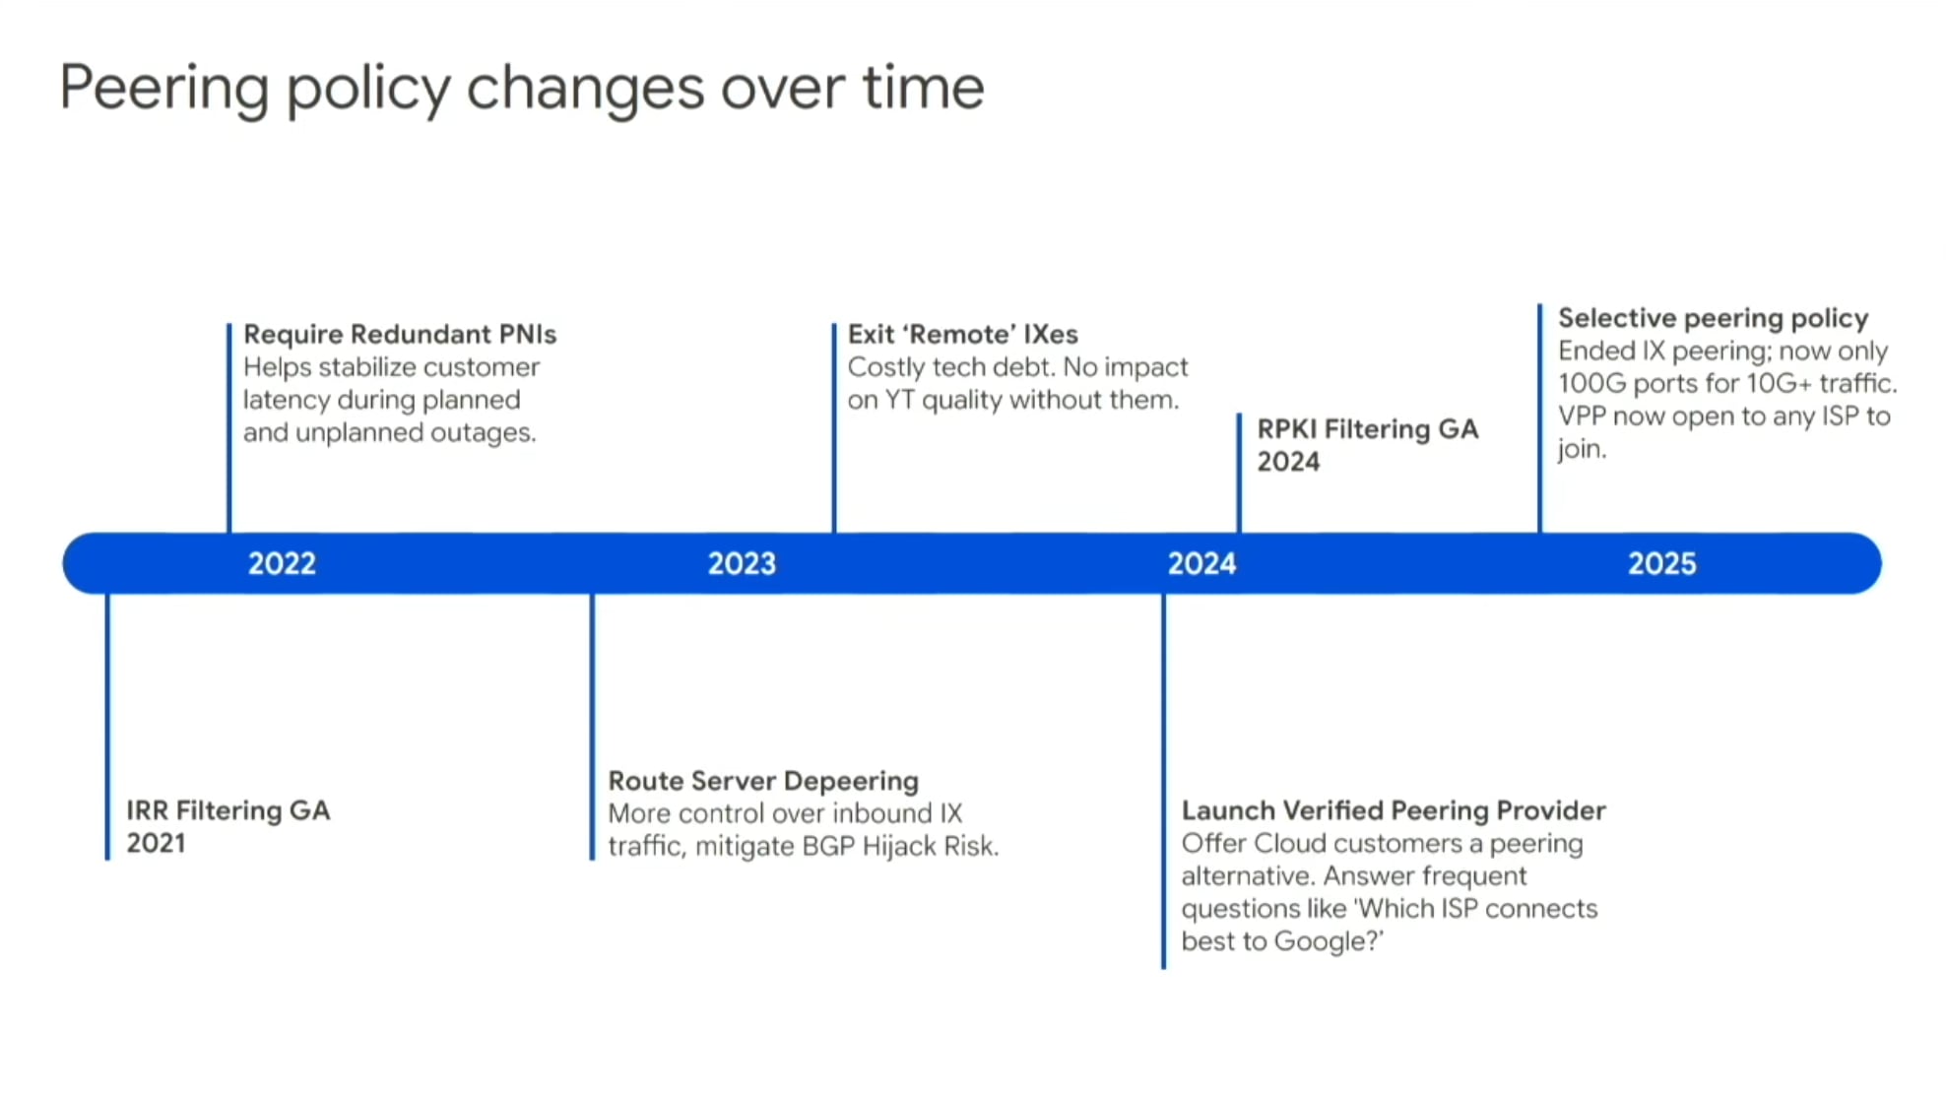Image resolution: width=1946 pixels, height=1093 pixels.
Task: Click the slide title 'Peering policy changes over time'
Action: [522, 89]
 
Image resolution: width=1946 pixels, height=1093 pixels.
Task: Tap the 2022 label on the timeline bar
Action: [282, 563]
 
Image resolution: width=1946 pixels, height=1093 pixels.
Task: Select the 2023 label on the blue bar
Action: [742, 563]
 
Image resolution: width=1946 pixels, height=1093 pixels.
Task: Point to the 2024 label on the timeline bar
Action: [1201, 563]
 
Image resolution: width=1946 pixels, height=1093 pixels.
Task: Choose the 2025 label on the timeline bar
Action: [1661, 563]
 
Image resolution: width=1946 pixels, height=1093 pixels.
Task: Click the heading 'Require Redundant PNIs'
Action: [400, 335]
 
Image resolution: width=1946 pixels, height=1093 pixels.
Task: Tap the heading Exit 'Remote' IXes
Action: [962, 335]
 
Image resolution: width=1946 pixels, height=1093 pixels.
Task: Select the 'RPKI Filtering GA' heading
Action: [1368, 429]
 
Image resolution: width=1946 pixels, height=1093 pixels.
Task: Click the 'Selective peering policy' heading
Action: [1713, 319]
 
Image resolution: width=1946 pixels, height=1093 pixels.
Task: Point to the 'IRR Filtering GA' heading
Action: [228, 810]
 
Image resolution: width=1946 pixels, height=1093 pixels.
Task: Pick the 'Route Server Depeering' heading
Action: [763, 781]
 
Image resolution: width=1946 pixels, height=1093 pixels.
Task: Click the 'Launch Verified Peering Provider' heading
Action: [1394, 810]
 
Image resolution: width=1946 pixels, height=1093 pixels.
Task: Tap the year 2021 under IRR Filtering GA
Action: [156, 844]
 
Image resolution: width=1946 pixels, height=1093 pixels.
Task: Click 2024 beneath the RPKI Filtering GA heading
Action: [1288, 462]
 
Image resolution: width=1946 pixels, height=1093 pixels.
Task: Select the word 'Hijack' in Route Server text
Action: [897, 847]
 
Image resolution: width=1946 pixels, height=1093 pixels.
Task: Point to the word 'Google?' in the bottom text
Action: [1329, 942]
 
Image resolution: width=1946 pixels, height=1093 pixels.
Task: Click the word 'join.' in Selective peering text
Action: [1582, 450]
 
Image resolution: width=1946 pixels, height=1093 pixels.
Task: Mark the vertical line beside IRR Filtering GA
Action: [107, 727]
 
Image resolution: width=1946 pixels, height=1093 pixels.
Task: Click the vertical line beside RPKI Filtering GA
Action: [1239, 474]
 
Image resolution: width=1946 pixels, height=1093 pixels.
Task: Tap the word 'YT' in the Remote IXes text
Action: [899, 400]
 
